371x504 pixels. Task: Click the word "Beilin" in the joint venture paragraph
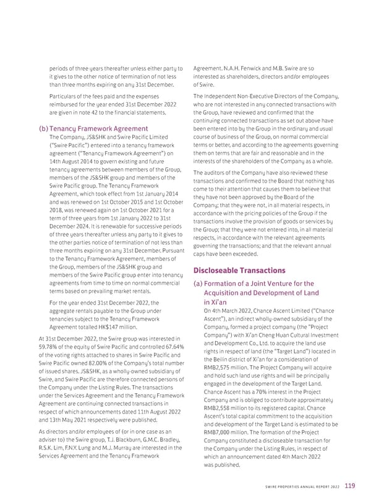pyautogui.click(x=223, y=359)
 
